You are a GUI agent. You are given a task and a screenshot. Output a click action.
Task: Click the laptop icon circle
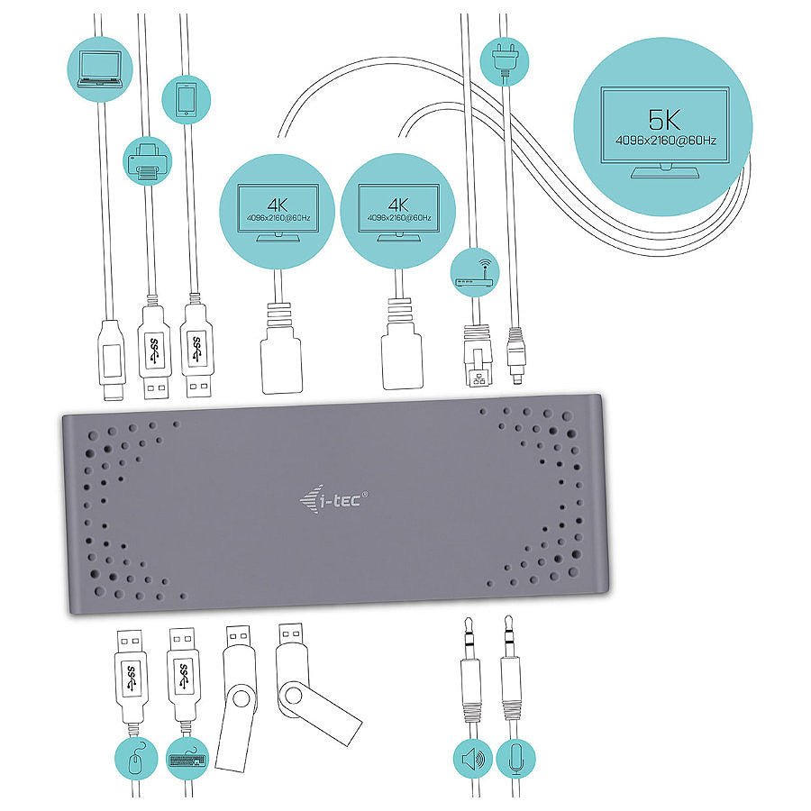(100, 68)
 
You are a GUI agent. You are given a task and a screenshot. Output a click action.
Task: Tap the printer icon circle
(148, 160)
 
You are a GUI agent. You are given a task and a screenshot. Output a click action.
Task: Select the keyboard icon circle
(187, 759)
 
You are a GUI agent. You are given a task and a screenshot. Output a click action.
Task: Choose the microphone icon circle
(515, 759)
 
